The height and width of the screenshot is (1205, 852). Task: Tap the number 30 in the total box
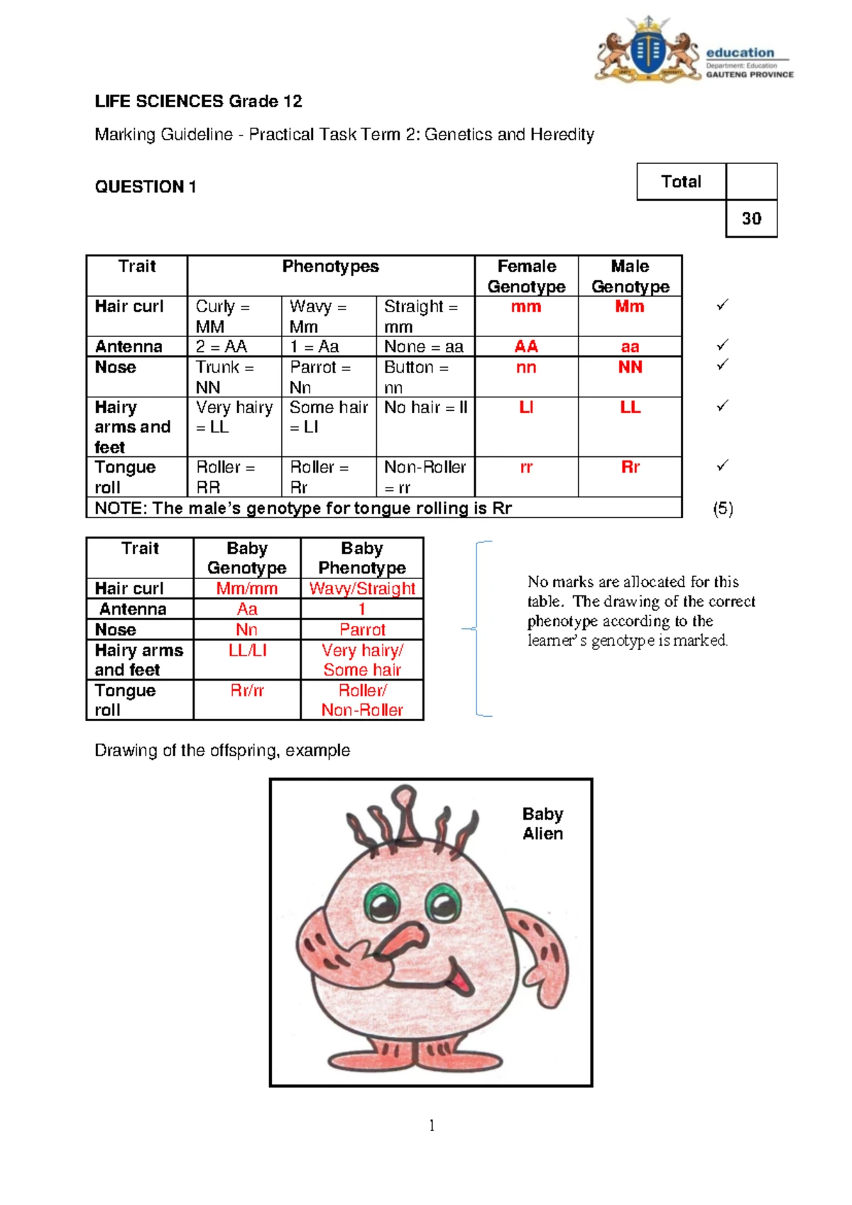tap(751, 219)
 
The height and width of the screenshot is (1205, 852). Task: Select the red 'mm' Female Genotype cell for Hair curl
tap(526, 307)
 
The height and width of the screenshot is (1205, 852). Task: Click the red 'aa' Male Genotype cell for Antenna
tap(630, 347)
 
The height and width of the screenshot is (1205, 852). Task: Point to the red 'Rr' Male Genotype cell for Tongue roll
tap(630, 467)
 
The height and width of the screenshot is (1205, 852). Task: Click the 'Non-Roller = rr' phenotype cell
tap(425, 477)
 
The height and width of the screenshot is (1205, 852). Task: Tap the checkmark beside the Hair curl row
tap(723, 305)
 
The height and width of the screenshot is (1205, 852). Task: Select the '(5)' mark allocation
tap(723, 509)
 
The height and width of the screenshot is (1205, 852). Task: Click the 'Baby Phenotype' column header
tap(362, 558)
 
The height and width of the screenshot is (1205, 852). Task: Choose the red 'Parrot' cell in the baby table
tap(362, 629)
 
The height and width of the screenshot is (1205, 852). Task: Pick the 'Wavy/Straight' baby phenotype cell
tap(362, 588)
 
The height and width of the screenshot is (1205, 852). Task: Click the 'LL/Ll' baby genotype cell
tap(247, 650)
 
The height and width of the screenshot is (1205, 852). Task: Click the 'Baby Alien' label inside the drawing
tap(542, 824)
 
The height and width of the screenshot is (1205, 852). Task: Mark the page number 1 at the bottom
tap(432, 1126)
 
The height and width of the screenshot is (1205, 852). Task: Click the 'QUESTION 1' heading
tap(146, 187)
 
